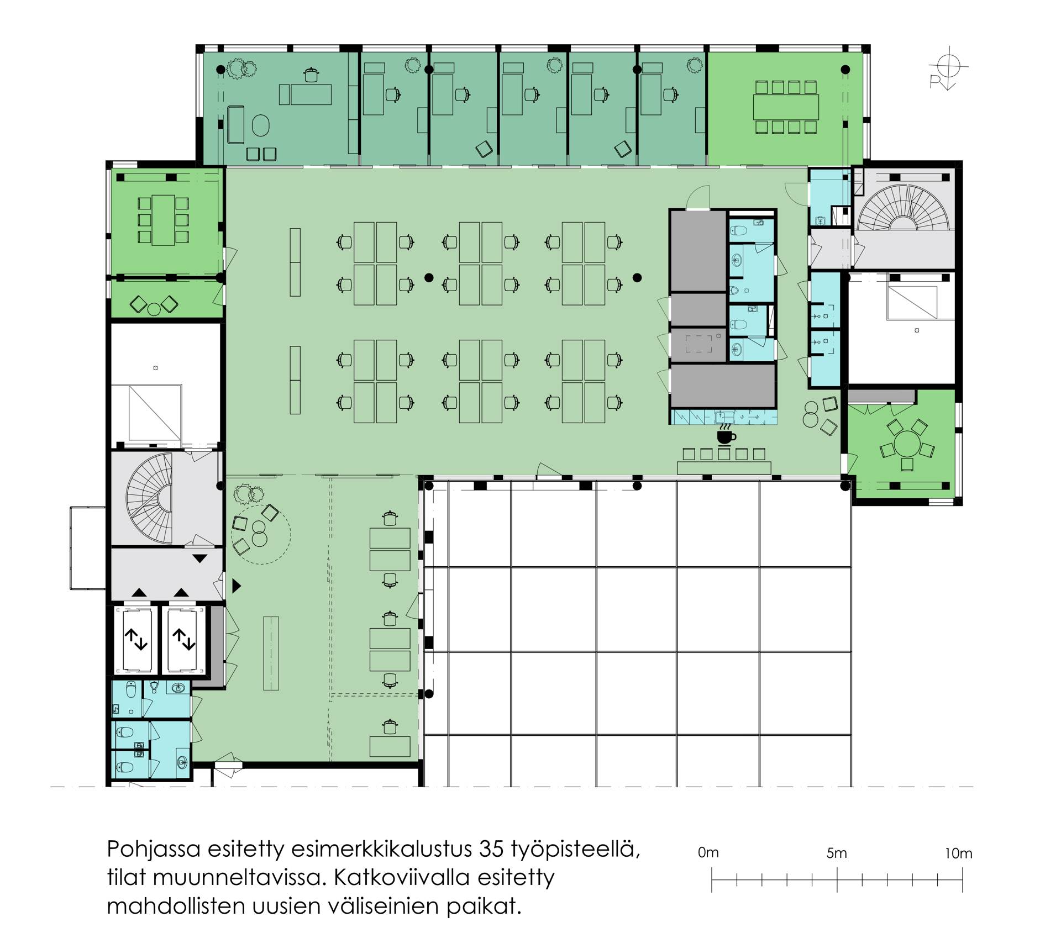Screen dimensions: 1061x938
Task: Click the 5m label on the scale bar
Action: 837,853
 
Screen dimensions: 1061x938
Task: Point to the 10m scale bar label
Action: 958,853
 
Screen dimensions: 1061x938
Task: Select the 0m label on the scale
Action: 708,853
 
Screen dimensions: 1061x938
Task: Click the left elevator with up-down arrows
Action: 136,641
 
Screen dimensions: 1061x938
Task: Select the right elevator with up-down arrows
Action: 183,641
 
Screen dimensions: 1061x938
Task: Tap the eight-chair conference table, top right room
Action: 786,107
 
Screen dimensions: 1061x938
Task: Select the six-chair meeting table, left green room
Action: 162,220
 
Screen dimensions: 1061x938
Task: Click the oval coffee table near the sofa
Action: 260,125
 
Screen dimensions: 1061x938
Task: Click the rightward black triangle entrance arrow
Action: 237,586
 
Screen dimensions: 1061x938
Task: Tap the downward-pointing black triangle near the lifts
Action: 200,558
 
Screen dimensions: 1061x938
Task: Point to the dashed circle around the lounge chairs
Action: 261,534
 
